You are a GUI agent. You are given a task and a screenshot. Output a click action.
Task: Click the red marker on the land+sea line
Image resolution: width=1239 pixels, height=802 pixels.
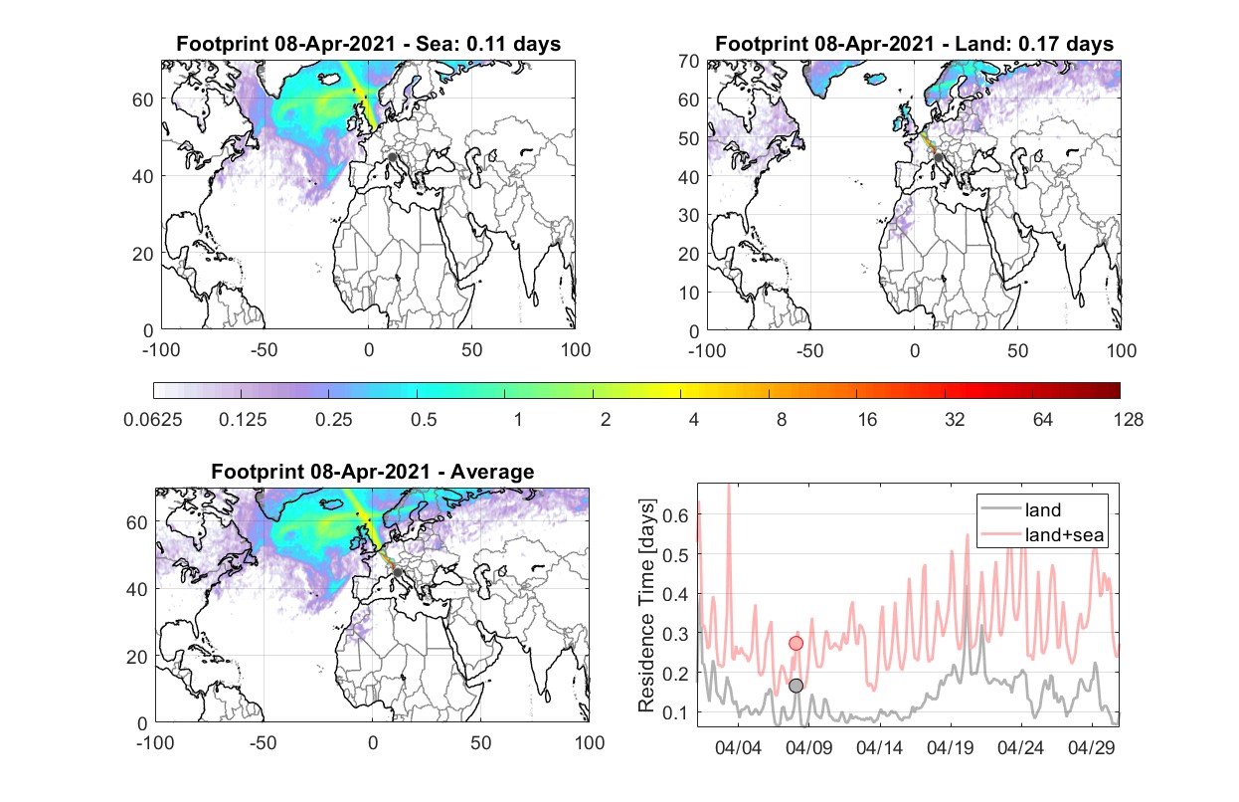pos(796,643)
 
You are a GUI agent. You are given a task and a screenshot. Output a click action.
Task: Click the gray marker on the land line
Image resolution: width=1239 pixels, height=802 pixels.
pos(796,686)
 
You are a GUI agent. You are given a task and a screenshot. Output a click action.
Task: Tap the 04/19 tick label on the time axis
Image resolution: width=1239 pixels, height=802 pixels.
pos(950,747)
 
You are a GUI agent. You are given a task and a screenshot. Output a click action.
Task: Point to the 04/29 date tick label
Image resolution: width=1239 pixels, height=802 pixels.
pos(1091,747)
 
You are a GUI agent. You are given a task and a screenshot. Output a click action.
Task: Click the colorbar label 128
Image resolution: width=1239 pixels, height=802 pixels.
pos(1129,420)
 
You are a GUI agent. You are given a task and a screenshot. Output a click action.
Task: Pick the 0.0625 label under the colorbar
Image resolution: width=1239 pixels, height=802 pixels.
pos(153,420)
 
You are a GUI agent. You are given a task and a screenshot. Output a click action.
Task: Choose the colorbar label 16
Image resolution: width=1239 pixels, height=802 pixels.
pos(867,420)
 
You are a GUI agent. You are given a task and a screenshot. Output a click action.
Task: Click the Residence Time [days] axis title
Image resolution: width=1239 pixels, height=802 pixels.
pos(646,605)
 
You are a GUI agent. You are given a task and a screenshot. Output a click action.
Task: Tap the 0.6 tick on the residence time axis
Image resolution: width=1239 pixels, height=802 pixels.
pos(675,515)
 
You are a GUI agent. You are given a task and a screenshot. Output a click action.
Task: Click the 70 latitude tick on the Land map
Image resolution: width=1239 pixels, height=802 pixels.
pos(689,61)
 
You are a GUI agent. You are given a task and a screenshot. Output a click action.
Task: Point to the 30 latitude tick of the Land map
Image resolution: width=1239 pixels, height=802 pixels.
pos(689,215)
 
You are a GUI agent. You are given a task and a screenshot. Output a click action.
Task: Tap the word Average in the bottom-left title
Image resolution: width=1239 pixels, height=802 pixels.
pos(492,472)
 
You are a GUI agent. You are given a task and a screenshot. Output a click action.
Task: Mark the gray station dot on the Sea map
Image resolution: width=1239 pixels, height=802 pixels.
pos(392,157)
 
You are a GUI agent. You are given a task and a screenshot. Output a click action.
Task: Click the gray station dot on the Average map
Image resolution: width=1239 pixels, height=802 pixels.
pos(397,573)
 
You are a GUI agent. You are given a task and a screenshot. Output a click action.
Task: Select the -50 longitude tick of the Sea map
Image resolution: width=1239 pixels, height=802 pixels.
pos(264,350)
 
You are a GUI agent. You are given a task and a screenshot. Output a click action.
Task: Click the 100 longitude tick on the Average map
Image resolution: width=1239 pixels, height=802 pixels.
pos(590,742)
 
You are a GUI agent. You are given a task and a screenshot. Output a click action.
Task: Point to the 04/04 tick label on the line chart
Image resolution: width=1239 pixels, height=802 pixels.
pos(738,747)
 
